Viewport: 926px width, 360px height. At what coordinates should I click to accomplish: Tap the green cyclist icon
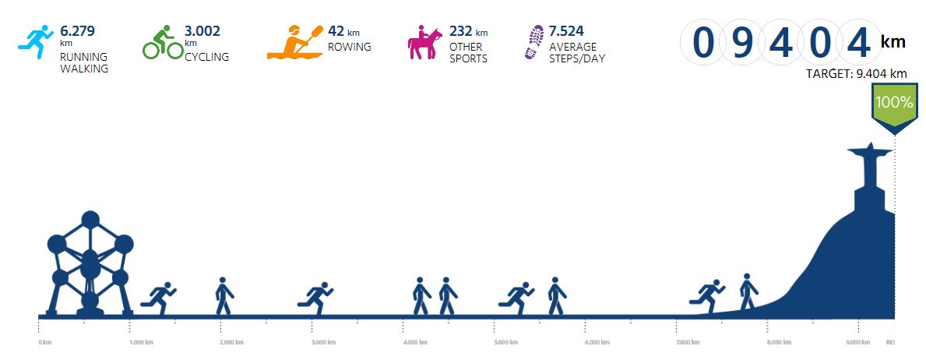(162, 43)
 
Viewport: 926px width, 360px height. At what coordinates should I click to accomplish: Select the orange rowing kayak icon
(295, 44)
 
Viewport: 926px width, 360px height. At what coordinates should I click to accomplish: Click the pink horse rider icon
(424, 44)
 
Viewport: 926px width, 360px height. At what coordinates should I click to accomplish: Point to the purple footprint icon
(535, 42)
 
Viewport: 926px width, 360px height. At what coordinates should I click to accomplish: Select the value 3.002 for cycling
(202, 32)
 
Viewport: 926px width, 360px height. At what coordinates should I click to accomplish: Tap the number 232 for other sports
(460, 32)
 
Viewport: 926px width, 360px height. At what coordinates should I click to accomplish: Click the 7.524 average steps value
(567, 32)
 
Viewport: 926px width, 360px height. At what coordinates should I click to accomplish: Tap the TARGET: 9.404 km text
(857, 74)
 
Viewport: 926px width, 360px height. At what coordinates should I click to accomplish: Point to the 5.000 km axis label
(507, 342)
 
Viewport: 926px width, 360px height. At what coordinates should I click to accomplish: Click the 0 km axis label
(45, 342)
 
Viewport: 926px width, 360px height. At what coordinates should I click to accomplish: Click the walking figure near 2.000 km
(224, 296)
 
